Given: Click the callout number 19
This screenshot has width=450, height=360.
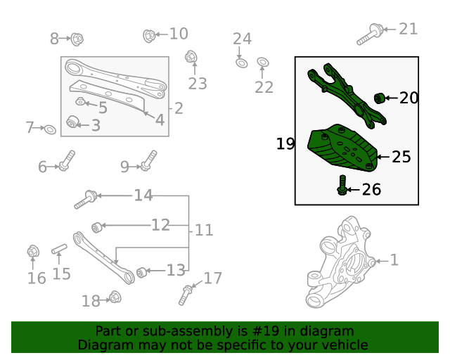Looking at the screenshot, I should [x=285, y=144].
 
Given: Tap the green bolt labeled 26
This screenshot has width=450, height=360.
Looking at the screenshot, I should [x=342, y=186].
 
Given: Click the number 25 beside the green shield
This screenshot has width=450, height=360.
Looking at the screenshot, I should [x=401, y=157].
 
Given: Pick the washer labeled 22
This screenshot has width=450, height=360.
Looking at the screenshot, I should [x=263, y=63].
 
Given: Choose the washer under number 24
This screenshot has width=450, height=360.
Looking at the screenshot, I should [x=240, y=63].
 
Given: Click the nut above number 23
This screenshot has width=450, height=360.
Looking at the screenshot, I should [x=191, y=57].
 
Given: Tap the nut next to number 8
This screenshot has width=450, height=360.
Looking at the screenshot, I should [x=77, y=38].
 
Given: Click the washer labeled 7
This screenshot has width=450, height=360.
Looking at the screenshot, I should [x=50, y=129].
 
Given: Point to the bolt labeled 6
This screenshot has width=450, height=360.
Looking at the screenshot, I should [x=67, y=162].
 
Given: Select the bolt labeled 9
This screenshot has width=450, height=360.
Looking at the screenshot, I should [x=148, y=162].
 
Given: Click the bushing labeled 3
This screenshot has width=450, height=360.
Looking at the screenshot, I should [x=72, y=124].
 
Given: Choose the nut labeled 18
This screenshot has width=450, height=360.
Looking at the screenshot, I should [x=115, y=297].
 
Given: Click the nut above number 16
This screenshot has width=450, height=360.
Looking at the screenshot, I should [x=32, y=250].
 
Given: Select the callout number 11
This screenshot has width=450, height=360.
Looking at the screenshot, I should [x=204, y=230].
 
